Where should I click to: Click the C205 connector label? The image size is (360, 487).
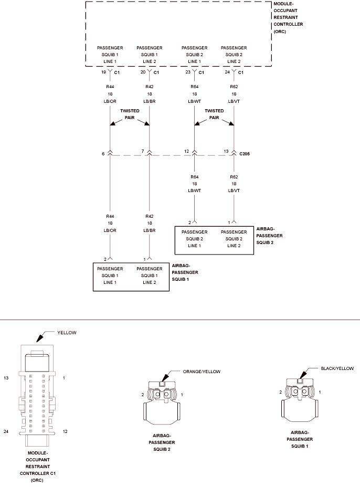point(245,154)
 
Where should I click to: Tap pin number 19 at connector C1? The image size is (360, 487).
point(103,72)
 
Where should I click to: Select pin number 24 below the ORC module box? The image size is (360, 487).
point(227,72)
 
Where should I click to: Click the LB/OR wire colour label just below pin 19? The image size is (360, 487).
point(110,101)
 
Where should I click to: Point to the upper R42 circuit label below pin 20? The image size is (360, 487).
point(150,87)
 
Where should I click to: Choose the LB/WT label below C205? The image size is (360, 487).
point(195,190)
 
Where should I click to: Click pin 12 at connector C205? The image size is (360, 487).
point(187,151)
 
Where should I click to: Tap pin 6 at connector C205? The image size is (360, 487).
point(103,154)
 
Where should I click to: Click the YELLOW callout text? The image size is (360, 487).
point(67,333)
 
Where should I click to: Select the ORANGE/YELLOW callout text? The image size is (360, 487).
point(202,372)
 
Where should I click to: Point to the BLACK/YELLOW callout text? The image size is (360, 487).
point(337,368)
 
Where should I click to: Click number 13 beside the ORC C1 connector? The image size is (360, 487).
point(6,378)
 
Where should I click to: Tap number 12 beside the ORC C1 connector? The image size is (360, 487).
point(65,431)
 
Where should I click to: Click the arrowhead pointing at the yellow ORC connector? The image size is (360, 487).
point(39,338)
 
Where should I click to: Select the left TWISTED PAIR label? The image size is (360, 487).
point(130,114)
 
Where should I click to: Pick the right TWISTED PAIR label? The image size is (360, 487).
point(214,114)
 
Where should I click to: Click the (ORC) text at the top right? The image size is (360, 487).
point(280,31)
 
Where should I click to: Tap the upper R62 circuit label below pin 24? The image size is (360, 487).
point(234,87)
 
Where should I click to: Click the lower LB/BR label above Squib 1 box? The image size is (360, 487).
point(150,230)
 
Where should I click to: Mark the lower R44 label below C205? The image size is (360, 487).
point(110,216)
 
